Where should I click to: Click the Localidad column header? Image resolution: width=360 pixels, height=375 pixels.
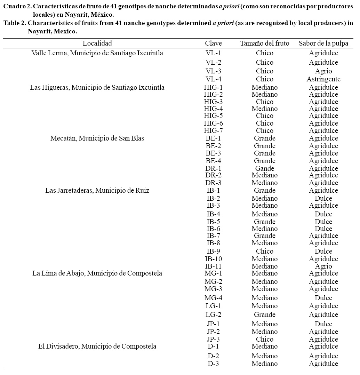[x=97, y=43]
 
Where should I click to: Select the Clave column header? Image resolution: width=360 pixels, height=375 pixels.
[x=213, y=43]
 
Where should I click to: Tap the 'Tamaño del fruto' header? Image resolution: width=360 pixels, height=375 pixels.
[x=264, y=43]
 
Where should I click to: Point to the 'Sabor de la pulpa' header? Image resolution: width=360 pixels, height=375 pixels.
[x=323, y=43]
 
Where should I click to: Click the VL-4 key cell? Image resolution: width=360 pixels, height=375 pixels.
[x=213, y=79]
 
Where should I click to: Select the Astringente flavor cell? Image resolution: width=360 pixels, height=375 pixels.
[x=323, y=79]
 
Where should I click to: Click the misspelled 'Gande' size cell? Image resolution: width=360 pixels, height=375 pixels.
[x=264, y=168]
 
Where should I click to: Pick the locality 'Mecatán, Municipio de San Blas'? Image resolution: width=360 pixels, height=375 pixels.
[x=97, y=138]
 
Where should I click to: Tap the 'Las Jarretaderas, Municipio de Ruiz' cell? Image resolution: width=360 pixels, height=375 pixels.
[x=97, y=190]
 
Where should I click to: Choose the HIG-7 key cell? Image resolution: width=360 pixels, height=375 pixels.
[x=213, y=130]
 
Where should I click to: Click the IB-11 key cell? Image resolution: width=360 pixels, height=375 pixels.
[x=213, y=266]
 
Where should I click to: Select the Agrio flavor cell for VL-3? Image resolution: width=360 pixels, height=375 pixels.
[x=323, y=71]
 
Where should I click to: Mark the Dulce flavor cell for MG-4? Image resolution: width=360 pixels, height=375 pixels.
[x=323, y=298]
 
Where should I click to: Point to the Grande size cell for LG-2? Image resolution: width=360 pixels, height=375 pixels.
[x=264, y=314]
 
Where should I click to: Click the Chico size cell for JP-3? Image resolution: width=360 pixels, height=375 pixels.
[x=264, y=339]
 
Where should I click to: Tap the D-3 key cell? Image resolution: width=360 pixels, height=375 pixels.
[x=213, y=364]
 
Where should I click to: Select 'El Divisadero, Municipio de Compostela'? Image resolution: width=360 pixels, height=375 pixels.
[x=97, y=346]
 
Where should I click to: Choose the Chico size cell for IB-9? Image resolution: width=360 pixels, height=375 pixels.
[x=264, y=251]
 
